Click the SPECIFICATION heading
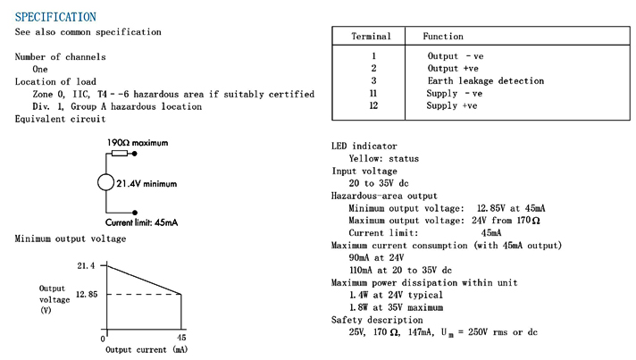click(55, 17)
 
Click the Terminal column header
click(371, 37)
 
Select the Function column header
click(443, 37)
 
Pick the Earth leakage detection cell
click(485, 80)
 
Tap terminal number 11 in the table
click(374, 93)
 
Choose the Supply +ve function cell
click(452, 105)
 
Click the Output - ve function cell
click(456, 55)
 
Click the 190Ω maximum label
click(137, 143)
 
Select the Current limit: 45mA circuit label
click(141, 222)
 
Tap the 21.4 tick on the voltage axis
click(86, 265)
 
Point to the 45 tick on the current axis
click(181, 339)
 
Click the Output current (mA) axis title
click(146, 349)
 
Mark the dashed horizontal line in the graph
click(143, 294)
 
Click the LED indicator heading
click(364, 146)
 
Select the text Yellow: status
click(383, 158)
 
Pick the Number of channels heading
click(60, 57)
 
